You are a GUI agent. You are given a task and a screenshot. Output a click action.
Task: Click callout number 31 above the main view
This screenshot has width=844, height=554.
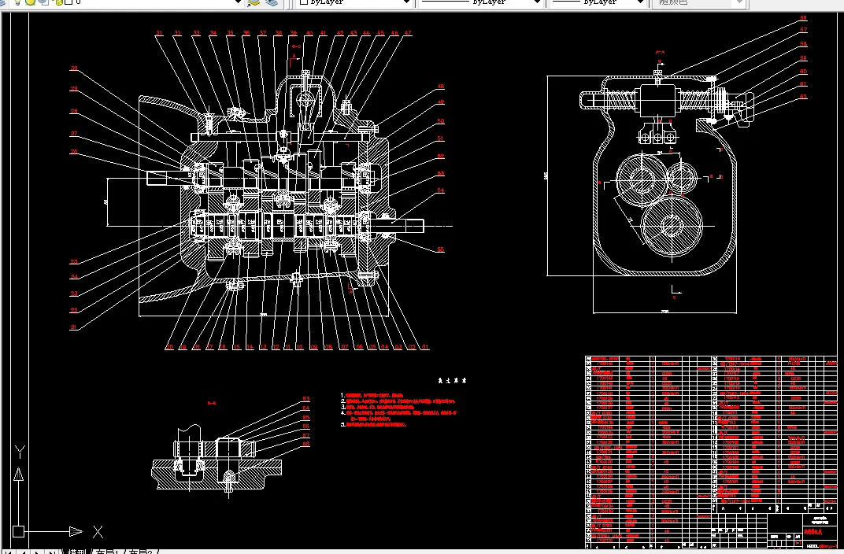[x=158, y=34]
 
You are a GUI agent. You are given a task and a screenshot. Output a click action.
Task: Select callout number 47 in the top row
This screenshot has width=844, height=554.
[x=408, y=34]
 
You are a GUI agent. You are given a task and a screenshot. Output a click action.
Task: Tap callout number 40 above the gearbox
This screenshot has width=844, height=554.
[x=309, y=34]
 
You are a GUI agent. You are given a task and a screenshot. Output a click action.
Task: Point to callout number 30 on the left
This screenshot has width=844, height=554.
[x=74, y=68]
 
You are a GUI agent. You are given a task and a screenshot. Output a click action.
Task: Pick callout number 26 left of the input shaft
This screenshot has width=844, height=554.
[x=74, y=152]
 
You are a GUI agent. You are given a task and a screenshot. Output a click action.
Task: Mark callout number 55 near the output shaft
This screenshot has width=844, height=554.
[x=441, y=249]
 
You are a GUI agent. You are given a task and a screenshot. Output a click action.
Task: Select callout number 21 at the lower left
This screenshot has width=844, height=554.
[x=74, y=326]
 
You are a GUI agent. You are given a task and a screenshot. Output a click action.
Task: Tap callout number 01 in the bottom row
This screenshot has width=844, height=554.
[x=425, y=346]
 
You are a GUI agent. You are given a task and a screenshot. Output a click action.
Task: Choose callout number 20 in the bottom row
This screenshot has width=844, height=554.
[x=168, y=346]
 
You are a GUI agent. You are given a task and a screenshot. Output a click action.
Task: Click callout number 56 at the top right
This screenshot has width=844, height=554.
[x=803, y=17]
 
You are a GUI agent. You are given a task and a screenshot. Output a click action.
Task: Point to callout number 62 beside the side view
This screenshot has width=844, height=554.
[x=803, y=96]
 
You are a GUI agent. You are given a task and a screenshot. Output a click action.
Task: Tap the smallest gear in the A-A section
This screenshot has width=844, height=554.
[x=681, y=179]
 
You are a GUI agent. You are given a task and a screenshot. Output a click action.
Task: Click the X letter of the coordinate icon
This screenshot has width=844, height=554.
[x=98, y=531]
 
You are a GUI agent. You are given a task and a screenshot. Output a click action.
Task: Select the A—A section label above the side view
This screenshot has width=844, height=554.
[x=660, y=53]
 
